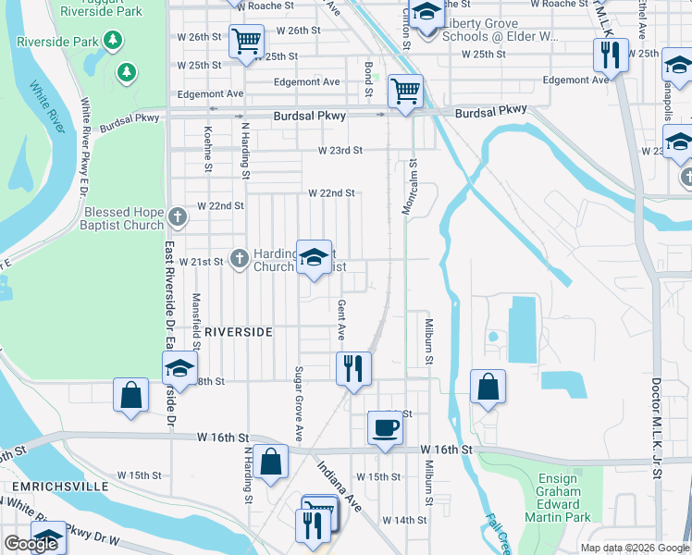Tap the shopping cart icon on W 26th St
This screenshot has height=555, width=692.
click(x=246, y=41)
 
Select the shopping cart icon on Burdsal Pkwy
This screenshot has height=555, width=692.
click(x=405, y=92)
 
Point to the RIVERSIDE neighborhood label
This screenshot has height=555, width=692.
click(x=238, y=331)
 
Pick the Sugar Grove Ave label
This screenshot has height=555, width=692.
click(x=299, y=403)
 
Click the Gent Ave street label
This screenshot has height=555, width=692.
click(x=341, y=319)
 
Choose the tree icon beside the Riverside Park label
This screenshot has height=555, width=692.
click(x=113, y=41)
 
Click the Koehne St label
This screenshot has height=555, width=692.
click(x=208, y=149)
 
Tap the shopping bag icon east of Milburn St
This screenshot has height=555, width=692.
click(x=488, y=387)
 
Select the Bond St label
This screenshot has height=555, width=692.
click(x=368, y=80)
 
